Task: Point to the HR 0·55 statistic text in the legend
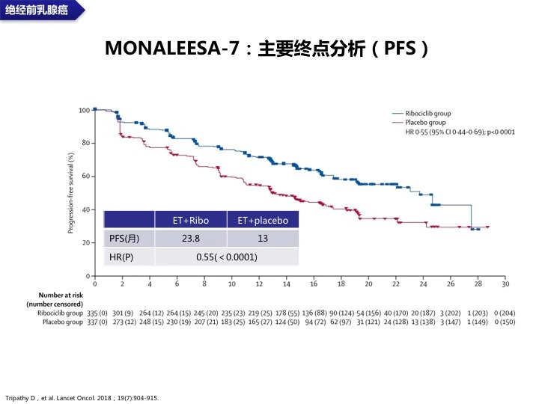450,132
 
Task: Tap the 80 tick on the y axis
85,143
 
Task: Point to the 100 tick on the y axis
84,110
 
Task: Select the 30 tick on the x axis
505,284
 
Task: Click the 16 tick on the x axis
314,284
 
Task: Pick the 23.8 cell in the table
191,239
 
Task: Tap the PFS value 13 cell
263,239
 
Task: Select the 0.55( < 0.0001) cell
226,257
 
